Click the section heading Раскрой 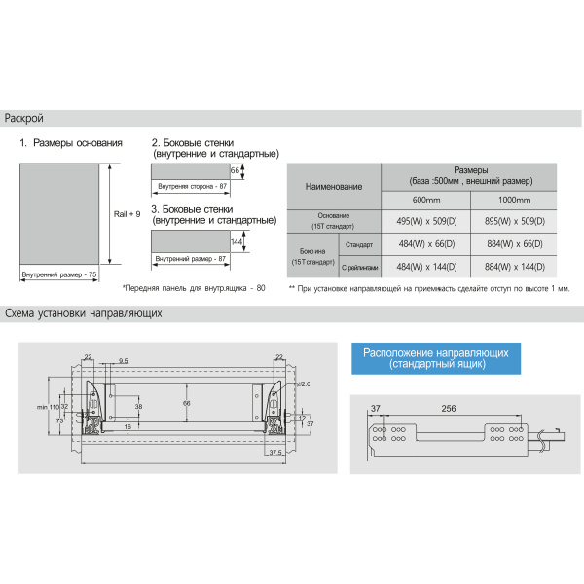point(24,119)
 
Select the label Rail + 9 point(128,212)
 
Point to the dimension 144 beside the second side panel point(236,242)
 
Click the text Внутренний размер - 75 point(60,276)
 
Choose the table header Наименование point(334,185)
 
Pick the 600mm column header point(426,201)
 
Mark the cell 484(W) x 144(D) point(426,266)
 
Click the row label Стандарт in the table point(359,243)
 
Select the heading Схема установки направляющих point(83,314)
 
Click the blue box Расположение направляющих point(435,357)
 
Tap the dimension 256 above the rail point(449,409)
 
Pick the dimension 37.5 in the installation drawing point(275,453)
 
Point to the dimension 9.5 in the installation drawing point(124,361)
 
